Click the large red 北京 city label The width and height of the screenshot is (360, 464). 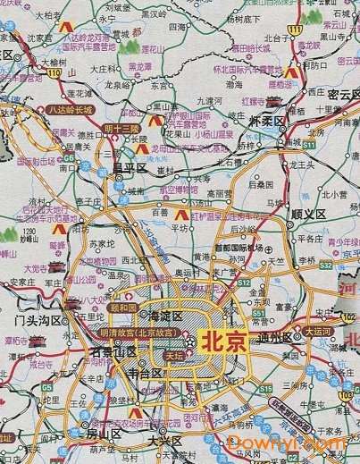[x=224, y=341]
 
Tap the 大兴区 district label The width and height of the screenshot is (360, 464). [x=163, y=442]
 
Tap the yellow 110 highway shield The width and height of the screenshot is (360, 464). [x=55, y=71]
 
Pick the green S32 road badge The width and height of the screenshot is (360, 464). [x=327, y=266]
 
